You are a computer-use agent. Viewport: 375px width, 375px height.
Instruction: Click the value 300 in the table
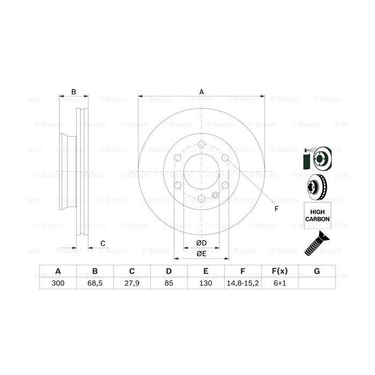tap(57, 284)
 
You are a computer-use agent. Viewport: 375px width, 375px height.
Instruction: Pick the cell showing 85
tap(168, 284)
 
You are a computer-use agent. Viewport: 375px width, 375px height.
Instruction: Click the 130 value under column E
tap(206, 284)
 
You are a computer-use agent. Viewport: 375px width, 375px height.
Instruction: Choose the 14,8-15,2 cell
tap(243, 284)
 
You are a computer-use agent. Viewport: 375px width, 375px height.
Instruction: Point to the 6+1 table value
tap(280, 284)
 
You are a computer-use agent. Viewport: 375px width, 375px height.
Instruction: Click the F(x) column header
tap(280, 271)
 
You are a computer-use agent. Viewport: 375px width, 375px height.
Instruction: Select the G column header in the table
tap(317, 271)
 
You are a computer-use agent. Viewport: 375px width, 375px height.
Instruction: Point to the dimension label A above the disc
tap(201, 92)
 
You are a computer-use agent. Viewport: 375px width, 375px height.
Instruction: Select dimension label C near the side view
tap(102, 244)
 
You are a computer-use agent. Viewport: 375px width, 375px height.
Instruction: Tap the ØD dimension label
tap(201, 244)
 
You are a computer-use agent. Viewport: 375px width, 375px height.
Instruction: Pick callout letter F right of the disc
tap(276, 208)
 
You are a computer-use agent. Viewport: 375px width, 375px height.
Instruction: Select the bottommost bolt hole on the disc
tap(201, 200)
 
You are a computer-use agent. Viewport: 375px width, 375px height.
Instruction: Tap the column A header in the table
tap(57, 271)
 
